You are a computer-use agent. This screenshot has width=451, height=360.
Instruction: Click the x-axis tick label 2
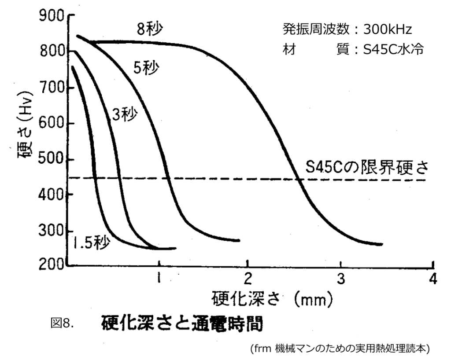pos(248,279)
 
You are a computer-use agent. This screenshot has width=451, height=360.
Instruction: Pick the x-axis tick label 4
pos(433,279)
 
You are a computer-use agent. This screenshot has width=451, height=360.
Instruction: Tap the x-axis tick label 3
pos(340,279)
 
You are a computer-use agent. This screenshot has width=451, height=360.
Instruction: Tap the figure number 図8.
pos(62,325)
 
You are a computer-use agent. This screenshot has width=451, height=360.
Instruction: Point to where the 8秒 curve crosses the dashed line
pos(299,178)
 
